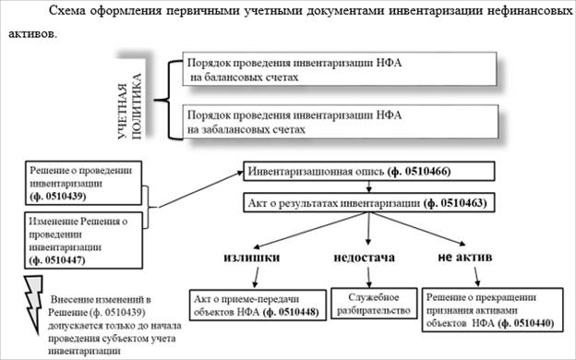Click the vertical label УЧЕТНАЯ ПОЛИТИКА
tap(129, 106)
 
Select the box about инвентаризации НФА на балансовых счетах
tap(340, 68)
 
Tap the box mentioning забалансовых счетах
tap(341, 122)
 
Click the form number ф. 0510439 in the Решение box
tap(58, 197)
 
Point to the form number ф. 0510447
tap(57, 260)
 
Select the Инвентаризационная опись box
tap(369, 171)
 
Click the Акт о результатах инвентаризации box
tap(369, 203)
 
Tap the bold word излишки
tap(252, 258)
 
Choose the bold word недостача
tap(364, 258)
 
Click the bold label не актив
tap(464, 257)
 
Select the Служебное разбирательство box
tap(374, 304)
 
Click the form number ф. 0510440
tap(526, 323)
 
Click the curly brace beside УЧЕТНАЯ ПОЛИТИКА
tap(169, 100)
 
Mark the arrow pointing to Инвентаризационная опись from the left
tap(200, 189)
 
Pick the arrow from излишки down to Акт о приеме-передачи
tap(256, 277)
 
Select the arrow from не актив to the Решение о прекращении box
tap(476, 277)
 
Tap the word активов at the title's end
tap(32, 34)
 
